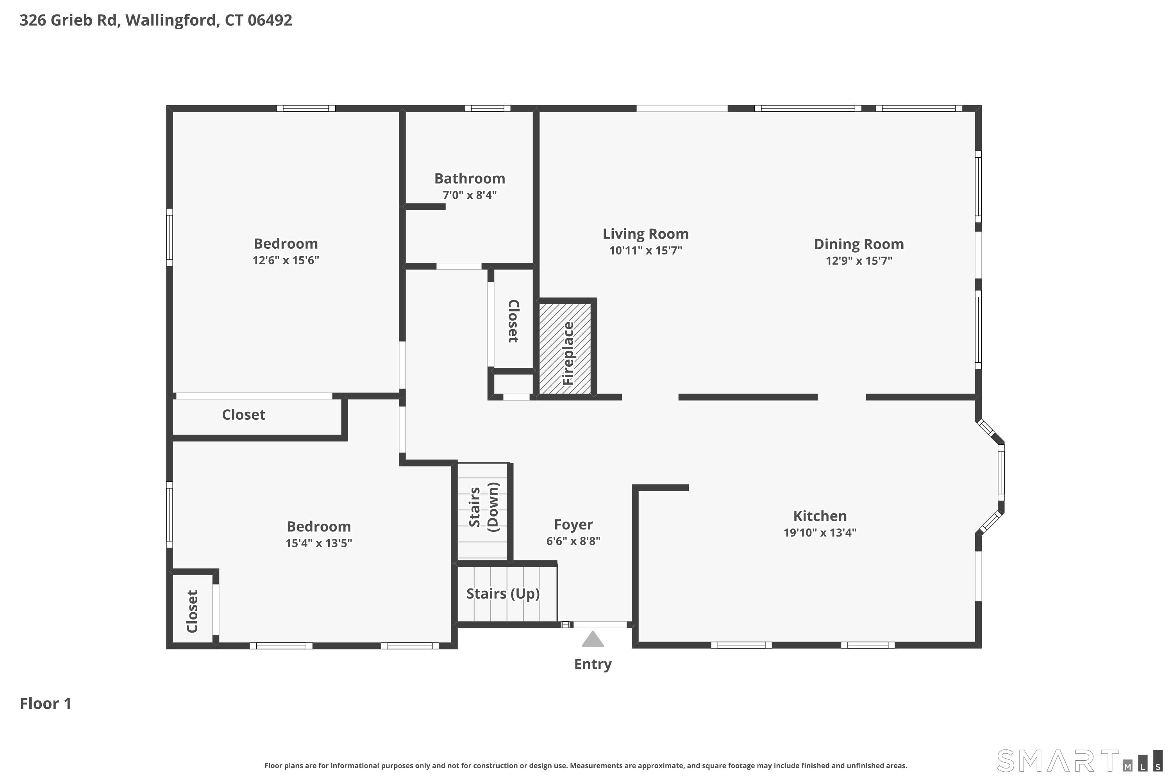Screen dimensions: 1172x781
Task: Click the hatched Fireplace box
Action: (565, 349)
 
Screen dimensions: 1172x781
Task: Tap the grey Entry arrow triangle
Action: (593, 638)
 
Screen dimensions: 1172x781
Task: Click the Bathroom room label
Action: (470, 178)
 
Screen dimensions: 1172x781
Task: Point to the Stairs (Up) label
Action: (503, 593)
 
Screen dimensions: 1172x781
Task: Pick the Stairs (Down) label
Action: (483, 507)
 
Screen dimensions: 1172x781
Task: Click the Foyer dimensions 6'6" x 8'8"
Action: (573, 541)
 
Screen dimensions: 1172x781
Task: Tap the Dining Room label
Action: (859, 244)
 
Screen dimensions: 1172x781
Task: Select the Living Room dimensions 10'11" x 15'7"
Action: (645, 250)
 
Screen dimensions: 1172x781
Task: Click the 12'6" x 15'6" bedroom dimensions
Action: (286, 260)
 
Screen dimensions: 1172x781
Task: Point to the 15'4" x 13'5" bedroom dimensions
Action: (318, 543)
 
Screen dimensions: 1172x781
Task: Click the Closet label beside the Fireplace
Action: (513, 321)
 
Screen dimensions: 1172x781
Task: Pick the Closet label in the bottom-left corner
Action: (192, 611)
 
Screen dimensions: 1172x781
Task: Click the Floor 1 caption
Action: (45, 703)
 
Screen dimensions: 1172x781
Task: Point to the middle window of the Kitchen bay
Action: (1001, 472)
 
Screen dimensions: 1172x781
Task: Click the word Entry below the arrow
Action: (593, 664)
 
